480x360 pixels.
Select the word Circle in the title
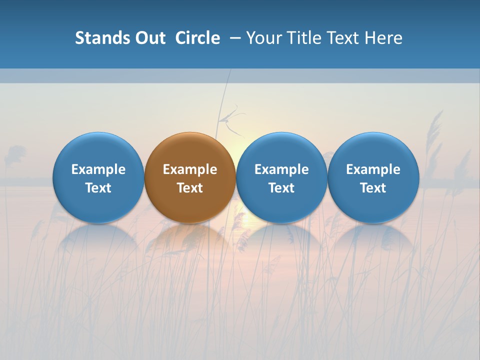[x=197, y=38]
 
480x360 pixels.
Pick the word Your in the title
[x=263, y=38]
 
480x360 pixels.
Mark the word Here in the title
[x=384, y=38]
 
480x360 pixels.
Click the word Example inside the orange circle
[x=190, y=169]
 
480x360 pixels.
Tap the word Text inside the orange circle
[x=190, y=188]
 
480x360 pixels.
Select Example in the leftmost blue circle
[x=98, y=169]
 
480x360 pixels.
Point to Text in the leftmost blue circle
[x=98, y=188]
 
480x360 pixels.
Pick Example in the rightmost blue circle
[x=373, y=169]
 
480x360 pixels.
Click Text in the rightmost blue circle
[x=373, y=188]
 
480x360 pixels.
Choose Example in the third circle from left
[x=281, y=169]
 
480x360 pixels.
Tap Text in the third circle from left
[x=281, y=188]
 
